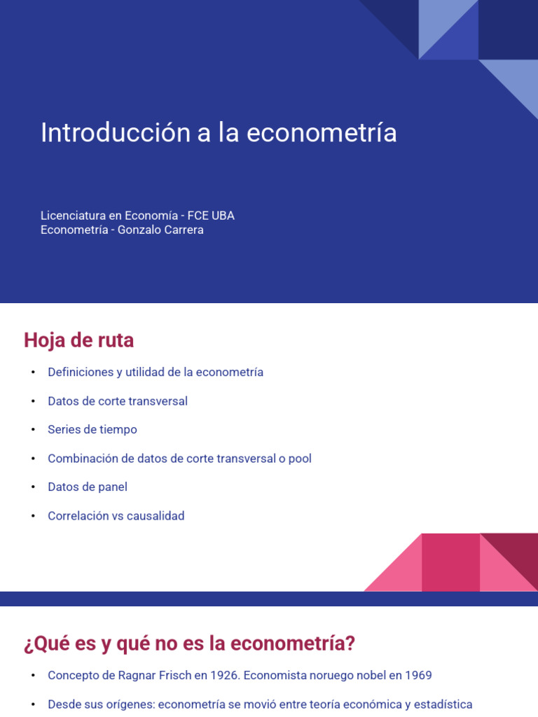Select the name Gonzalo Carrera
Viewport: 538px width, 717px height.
160,230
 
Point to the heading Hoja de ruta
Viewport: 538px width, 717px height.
78,340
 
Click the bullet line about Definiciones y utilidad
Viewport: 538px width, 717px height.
156,373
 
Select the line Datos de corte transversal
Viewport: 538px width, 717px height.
118,401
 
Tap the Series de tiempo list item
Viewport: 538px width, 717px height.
92,430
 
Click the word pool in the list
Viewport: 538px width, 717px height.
299,459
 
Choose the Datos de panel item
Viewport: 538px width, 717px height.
88,487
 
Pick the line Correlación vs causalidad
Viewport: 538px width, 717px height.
116,516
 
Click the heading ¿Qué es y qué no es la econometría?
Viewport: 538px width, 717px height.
189,643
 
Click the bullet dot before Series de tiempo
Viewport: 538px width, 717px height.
32,430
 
